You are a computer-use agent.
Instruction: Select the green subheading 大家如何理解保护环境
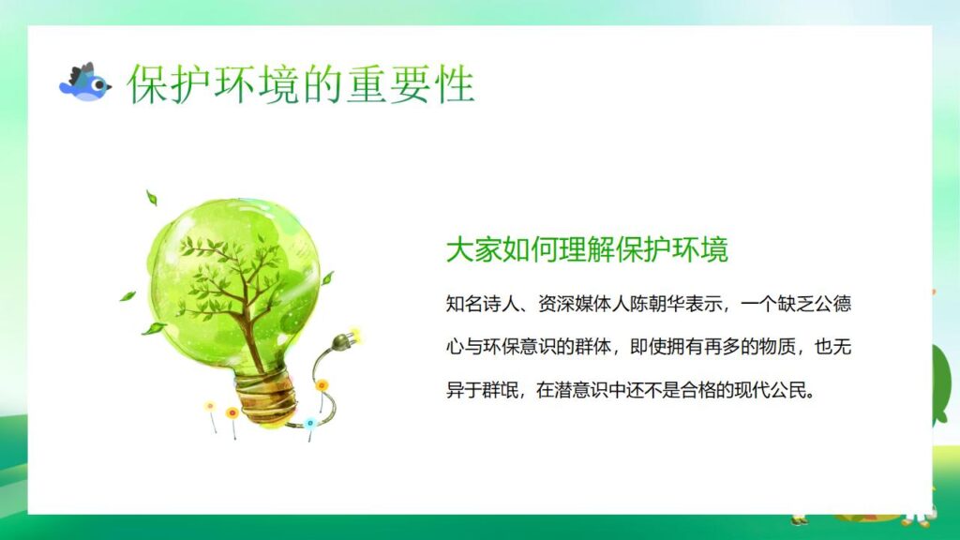(x=587, y=250)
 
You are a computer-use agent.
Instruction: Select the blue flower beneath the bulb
(x=310, y=423)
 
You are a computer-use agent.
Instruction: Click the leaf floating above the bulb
(x=151, y=198)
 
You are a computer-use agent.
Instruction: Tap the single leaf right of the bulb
(x=327, y=277)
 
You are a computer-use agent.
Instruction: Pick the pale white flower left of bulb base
(x=210, y=407)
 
